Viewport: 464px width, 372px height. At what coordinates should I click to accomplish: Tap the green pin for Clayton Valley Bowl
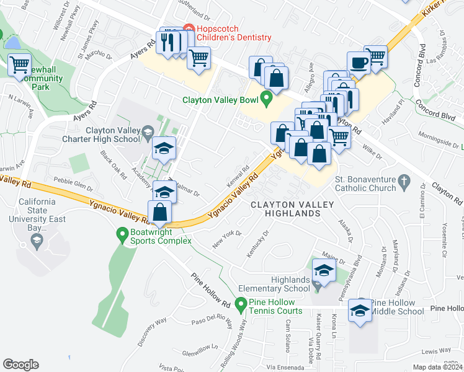267,98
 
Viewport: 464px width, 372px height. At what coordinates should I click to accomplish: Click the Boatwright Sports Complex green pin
122,234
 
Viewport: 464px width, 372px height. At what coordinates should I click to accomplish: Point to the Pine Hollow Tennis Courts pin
241,304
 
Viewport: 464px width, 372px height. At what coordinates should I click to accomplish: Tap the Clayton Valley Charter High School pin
148,131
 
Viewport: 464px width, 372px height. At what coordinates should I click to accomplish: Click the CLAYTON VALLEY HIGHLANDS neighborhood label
285,208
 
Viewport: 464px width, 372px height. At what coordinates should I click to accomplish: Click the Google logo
20,365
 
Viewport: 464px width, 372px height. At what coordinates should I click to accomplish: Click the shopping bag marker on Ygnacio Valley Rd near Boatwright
160,211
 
